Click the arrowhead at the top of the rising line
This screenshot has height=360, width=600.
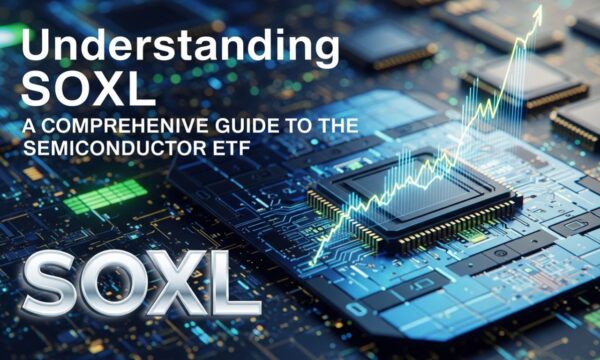[538, 14]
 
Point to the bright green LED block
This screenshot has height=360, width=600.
[106, 195]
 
